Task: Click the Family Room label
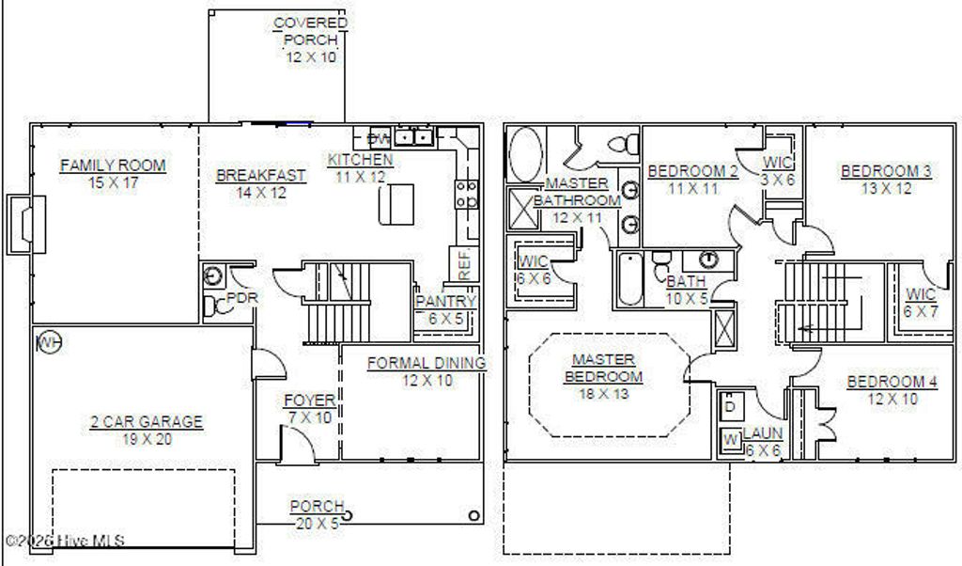(113, 165)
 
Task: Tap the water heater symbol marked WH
(47, 342)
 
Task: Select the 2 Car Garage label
(147, 422)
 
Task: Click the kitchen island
(396, 204)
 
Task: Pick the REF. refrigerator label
(465, 264)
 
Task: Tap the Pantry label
(446, 302)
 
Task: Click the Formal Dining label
(427, 363)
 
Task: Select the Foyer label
(309, 401)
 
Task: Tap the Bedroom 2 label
(692, 171)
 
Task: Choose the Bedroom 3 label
(886, 171)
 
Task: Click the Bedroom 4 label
(892, 382)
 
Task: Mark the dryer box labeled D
(730, 406)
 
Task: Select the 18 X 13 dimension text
(604, 393)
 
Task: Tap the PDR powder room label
(242, 298)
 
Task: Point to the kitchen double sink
(413, 138)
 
